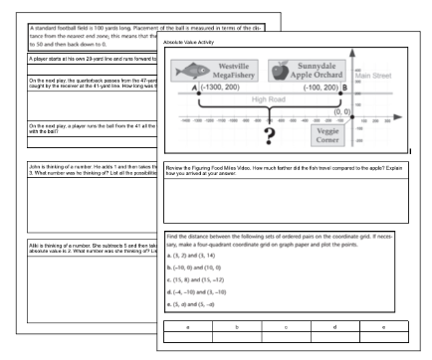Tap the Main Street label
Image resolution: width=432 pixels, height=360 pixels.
(x=375, y=75)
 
